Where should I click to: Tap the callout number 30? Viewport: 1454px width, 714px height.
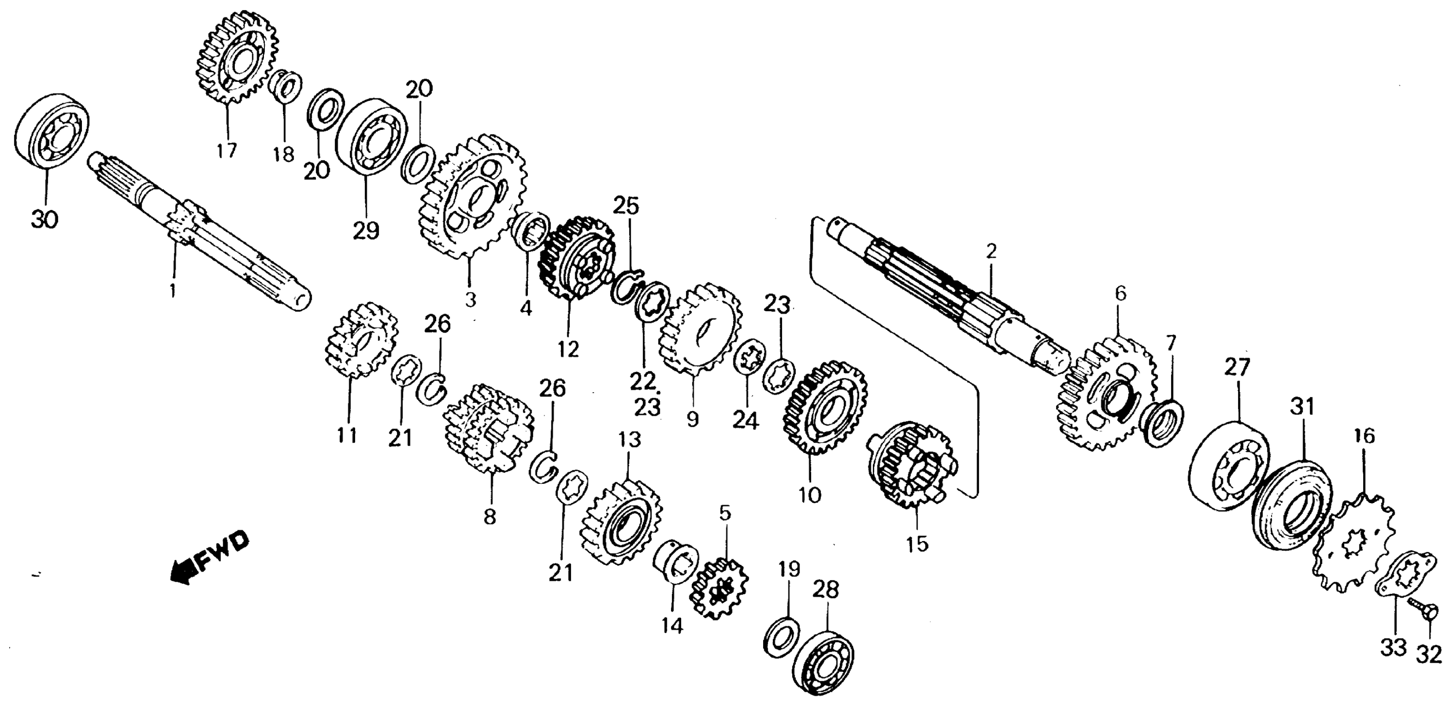45,219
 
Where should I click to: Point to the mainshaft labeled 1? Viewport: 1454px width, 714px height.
198,231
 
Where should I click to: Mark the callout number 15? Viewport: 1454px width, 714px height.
917,544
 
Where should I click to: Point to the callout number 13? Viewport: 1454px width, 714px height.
630,439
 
